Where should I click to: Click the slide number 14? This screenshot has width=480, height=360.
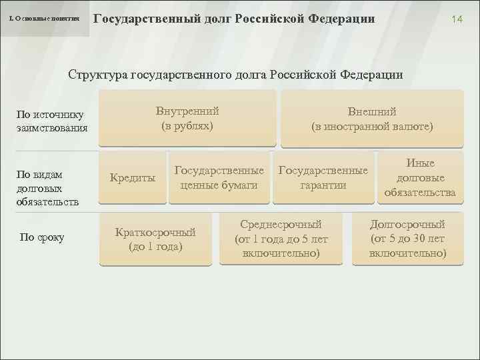[457, 20]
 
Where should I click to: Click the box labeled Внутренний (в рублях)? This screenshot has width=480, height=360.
[187, 118]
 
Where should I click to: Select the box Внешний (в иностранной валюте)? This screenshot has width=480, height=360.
[371, 119]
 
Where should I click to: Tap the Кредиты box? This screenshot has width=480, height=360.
[132, 178]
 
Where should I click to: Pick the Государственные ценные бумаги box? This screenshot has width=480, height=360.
[219, 177]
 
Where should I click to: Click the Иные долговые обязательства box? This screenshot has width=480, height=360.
[419, 177]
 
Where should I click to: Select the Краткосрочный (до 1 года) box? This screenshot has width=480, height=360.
[155, 239]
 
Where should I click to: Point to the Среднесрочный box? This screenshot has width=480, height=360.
[281, 239]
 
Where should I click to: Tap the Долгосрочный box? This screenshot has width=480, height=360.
[407, 239]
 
